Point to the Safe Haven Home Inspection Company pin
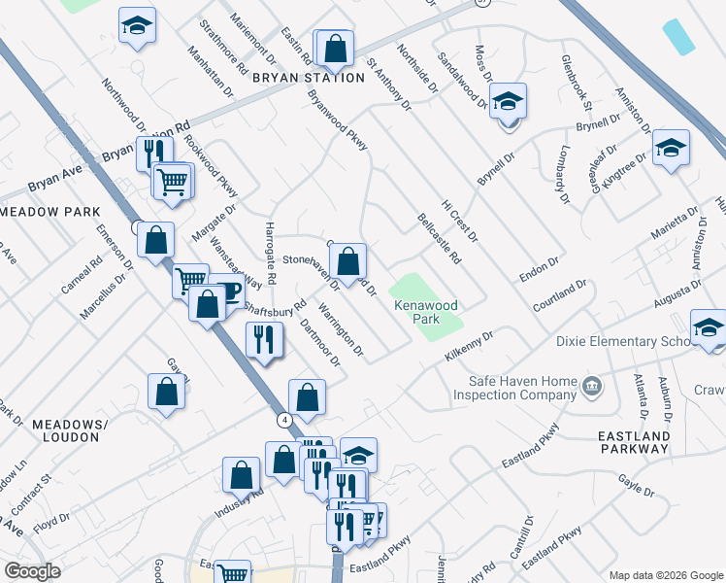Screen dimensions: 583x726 tap(590, 389)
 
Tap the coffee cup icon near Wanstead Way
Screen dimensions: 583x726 tap(226, 291)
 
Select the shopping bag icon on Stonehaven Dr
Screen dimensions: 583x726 tap(348, 261)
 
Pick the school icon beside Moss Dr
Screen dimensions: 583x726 tap(507, 102)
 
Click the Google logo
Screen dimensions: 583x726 tap(32, 571)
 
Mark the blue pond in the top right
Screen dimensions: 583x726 tap(679, 37)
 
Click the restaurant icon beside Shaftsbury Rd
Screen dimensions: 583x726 tap(264, 339)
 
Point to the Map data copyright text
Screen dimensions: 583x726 tap(665, 575)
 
